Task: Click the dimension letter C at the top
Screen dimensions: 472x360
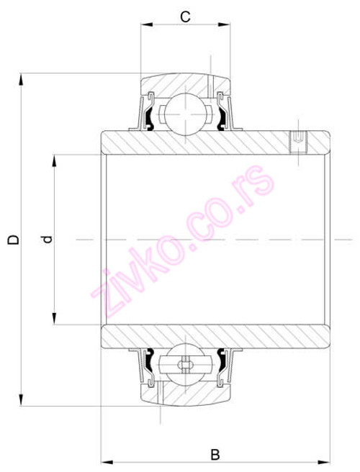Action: coord(185,16)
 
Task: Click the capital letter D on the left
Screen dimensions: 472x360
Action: coord(12,239)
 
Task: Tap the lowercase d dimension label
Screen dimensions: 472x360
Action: coord(47,239)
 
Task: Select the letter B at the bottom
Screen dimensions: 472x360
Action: coord(215,454)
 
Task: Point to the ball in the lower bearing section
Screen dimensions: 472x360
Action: coord(185,366)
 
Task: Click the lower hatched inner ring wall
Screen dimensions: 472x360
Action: coord(216,335)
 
